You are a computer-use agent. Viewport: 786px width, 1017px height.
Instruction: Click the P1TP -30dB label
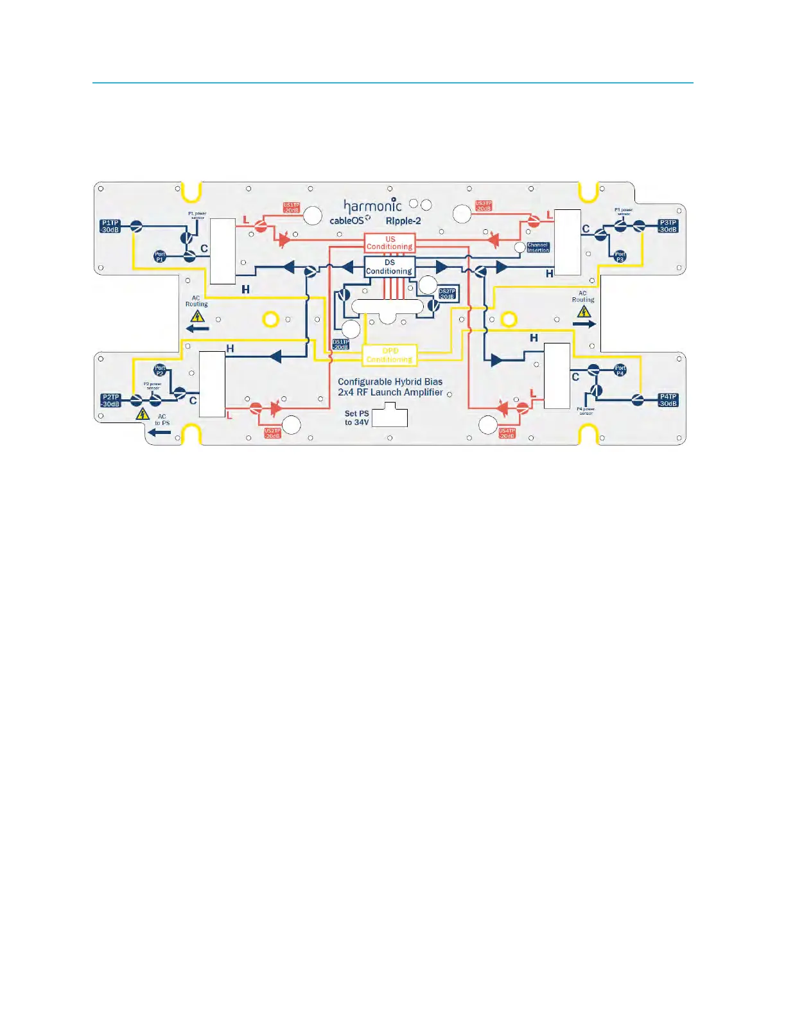110,226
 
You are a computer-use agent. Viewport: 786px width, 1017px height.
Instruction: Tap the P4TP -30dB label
668,400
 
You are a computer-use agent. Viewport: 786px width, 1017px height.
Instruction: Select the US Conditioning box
390,243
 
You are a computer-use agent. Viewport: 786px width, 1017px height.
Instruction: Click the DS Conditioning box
389,266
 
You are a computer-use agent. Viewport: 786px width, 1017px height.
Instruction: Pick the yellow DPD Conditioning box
390,355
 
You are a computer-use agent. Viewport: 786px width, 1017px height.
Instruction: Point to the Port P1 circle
160,257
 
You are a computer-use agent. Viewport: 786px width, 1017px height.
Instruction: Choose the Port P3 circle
620,257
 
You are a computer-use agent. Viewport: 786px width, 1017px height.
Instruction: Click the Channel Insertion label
537,247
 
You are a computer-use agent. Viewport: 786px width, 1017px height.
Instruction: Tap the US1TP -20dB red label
292,207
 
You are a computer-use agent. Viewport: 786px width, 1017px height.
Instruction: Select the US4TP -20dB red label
507,433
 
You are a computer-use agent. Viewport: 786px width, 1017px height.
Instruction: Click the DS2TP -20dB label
447,293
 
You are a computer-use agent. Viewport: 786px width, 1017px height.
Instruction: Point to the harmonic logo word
372,205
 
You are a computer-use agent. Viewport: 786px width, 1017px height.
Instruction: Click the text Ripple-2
403,221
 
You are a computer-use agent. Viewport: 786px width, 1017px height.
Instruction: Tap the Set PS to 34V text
356,418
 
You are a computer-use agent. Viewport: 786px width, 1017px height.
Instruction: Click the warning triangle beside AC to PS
143,414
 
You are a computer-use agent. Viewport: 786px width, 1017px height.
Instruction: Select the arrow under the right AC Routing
584,324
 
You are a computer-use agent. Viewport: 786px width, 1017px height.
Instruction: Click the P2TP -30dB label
110,400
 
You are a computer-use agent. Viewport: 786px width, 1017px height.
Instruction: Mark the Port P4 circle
620,370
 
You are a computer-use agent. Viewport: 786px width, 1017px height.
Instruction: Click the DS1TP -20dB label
340,344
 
